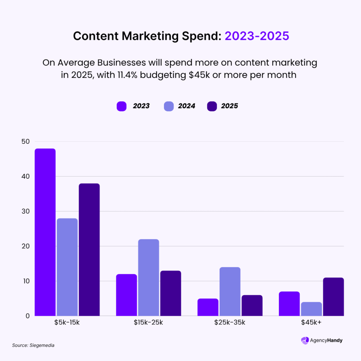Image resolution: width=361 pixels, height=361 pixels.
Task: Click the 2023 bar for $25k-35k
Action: point(207,307)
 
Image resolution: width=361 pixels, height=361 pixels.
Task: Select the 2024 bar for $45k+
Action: point(311,309)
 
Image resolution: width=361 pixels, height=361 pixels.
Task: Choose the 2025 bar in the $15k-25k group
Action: point(170,293)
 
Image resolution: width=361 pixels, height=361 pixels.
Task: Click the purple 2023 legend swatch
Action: point(121,106)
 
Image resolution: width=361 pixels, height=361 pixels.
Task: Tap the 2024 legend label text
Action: point(186,106)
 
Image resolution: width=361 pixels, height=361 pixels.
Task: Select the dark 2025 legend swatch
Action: point(212,106)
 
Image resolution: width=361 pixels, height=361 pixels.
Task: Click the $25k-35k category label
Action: point(230,323)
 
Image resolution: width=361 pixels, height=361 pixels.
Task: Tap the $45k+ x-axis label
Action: point(311,323)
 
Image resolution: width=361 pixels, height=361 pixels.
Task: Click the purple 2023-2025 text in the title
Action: point(257,36)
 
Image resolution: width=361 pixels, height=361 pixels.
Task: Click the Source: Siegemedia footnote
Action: point(33,345)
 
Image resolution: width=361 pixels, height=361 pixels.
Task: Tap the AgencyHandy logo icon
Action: point(305,341)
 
